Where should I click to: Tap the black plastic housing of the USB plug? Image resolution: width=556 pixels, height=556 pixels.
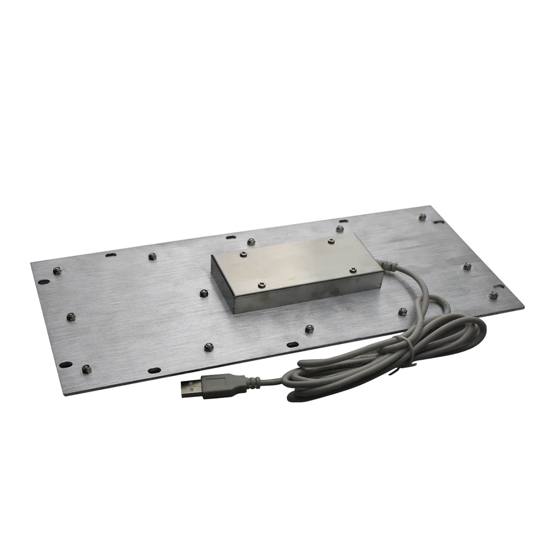tap(222, 384)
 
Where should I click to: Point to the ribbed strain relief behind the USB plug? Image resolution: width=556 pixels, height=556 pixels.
tap(252, 381)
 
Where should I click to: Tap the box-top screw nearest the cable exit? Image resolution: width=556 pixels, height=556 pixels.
tap(352, 270)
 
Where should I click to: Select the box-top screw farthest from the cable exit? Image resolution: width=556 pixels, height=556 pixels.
tap(242, 254)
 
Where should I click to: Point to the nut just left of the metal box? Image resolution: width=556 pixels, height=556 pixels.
tap(204, 292)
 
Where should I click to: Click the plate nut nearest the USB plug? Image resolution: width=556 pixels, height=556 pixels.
tap(209, 348)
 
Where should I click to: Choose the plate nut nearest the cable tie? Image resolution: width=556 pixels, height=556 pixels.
tap(402, 312)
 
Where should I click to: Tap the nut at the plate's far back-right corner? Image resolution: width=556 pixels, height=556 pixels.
tap(422, 216)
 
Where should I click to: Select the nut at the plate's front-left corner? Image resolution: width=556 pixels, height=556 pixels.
tap(86, 369)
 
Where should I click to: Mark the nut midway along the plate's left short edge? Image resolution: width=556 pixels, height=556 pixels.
tap(71, 317)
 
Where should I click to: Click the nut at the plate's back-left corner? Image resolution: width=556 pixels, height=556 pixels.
tap(57, 271)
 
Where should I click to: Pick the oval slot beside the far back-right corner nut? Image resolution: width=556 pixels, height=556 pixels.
tap(439, 222)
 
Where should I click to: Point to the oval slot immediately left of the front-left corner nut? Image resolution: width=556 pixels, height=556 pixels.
tap(66, 365)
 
